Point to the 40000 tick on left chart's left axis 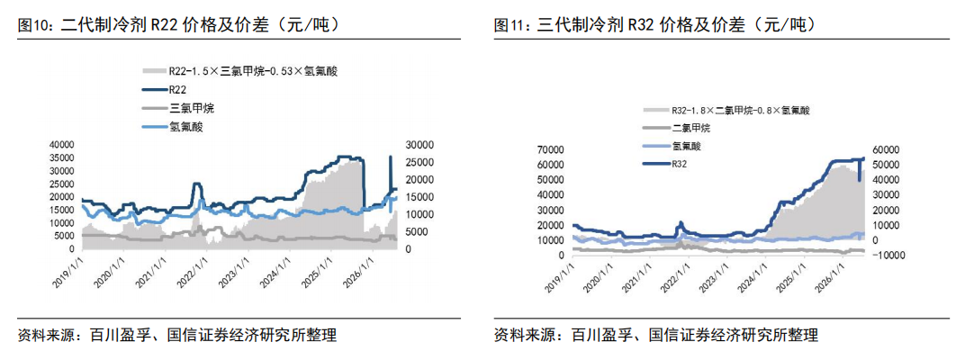tap(61, 145)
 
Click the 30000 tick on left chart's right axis tap(419, 145)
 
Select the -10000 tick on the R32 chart tap(887, 256)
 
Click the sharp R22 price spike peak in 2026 tap(390, 157)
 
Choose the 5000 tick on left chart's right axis tap(417, 232)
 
